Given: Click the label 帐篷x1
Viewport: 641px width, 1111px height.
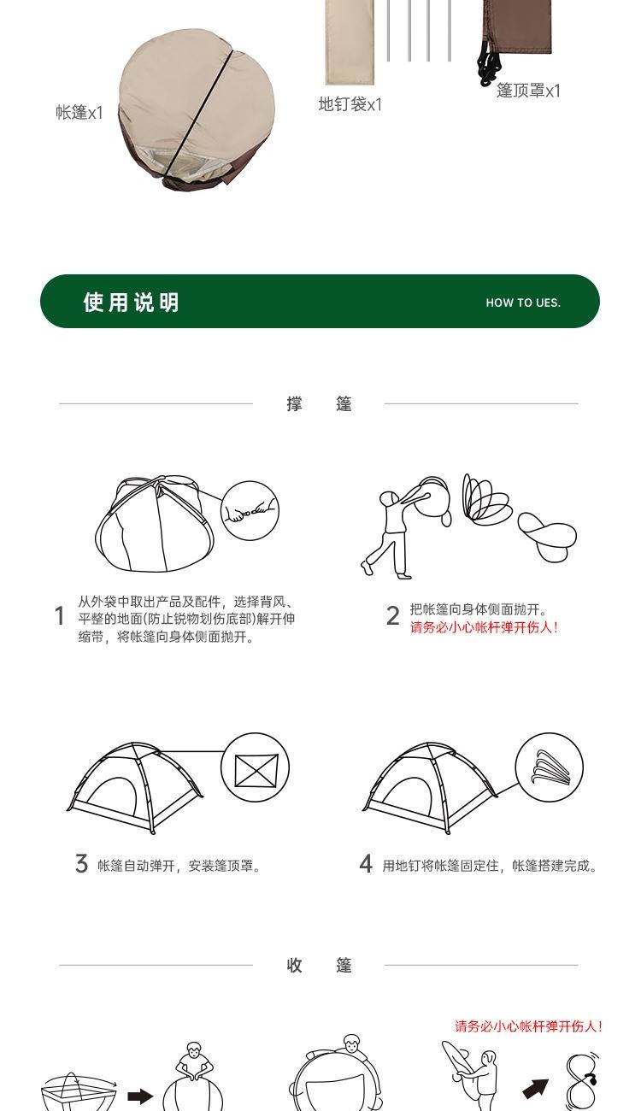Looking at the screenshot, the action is click(79, 113).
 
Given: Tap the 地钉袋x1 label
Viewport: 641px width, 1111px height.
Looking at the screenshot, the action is click(350, 104).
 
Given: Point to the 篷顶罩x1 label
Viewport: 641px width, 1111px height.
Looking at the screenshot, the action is click(528, 91).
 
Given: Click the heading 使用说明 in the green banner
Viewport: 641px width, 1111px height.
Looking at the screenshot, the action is click(131, 302).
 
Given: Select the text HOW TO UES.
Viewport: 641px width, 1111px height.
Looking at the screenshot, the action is click(523, 303).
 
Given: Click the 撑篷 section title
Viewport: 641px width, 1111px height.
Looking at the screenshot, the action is click(319, 403).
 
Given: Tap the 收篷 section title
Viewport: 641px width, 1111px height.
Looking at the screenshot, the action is click(319, 965).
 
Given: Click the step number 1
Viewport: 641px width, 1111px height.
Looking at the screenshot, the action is click(60, 615).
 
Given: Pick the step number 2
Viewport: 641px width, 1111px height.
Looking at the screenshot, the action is click(393, 615).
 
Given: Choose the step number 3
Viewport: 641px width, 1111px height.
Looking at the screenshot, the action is click(81, 863).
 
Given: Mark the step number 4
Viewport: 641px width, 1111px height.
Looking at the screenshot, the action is click(366, 863).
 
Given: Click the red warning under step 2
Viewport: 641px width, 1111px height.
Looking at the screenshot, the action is click(485, 627).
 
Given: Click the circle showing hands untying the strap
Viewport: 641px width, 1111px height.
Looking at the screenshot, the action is click(250, 510).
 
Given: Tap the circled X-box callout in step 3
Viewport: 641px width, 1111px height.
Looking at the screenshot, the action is click(255, 767).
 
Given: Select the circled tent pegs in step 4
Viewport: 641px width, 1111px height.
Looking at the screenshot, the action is click(550, 767).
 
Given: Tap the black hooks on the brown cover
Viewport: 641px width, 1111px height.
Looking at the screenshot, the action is click(489, 63).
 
